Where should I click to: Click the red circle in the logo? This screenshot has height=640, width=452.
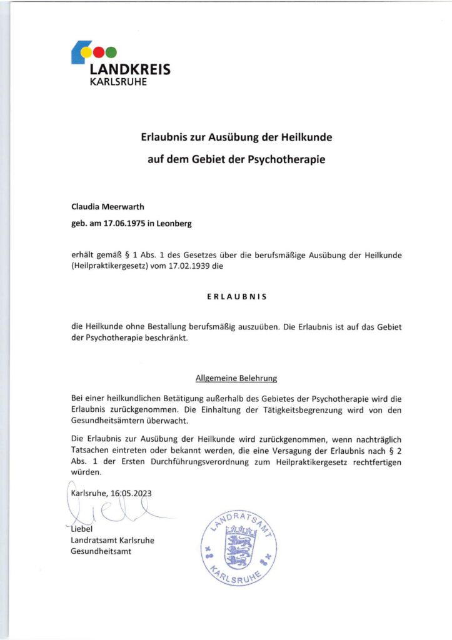coord(99,52)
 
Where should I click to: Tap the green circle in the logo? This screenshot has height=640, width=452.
coord(111,52)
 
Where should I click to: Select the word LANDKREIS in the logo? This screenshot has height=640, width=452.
coord(130,69)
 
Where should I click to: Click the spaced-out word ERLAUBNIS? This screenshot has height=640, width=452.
coord(236,297)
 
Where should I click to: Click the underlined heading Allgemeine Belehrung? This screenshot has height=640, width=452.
coord(236,378)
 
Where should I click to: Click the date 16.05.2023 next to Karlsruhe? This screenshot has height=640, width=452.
coord(130,492)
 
